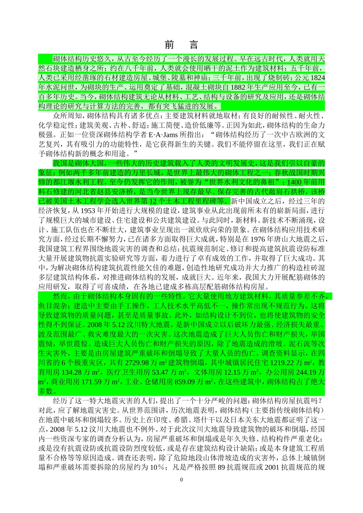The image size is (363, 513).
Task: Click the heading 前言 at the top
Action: [x=181, y=45]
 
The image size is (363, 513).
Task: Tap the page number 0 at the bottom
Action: [x=181, y=480]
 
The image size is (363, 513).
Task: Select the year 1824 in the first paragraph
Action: [x=318, y=78]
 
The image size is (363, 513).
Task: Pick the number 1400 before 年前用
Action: [x=295, y=182]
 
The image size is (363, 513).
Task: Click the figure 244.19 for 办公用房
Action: [x=309, y=372]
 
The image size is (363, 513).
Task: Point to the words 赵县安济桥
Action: [x=115, y=191]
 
